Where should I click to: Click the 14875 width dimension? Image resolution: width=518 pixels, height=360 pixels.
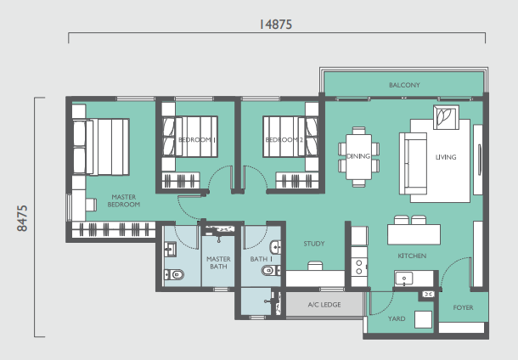pos(275,25)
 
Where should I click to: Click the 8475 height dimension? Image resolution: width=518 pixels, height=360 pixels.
pos(22,218)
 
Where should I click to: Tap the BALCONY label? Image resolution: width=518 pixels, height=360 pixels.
pos(404,85)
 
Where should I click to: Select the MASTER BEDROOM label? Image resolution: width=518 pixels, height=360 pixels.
pos(124,201)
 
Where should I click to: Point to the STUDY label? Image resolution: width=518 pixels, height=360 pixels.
pos(314,244)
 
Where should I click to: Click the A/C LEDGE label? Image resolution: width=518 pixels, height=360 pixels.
pos(324,305)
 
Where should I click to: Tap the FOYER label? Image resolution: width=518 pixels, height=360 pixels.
pos(463,307)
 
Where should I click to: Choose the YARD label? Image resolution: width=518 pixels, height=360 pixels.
pos(397,318)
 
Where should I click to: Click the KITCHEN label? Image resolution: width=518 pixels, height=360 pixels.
pos(412,256)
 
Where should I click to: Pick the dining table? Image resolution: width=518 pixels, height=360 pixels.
pos(358,157)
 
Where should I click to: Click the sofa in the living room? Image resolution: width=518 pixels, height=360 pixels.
pos(413,164)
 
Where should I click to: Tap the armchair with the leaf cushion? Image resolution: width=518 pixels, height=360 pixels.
pos(446,117)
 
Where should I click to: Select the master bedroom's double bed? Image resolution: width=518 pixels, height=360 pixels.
pos(101,147)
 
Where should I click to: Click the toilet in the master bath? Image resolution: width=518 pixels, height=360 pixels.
pos(174,274)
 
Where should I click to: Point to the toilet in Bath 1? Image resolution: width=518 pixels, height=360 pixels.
pos(271,271)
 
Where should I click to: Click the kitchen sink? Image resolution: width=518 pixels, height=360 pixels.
pos(403,278)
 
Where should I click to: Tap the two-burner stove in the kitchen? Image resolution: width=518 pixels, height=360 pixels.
pos(359,267)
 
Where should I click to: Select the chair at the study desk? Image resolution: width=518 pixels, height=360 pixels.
pos(315,266)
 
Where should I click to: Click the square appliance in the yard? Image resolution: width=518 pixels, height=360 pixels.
pos(423,319)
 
